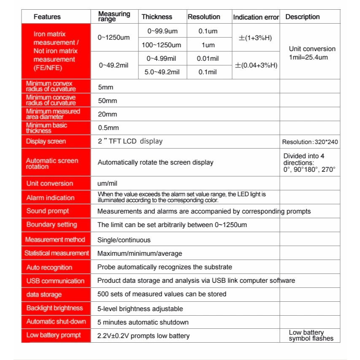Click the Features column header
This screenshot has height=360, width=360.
[x=47, y=17]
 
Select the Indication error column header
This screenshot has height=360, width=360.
[x=256, y=17]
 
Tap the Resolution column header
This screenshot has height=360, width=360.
[x=204, y=17]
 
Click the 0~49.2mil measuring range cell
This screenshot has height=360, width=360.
[x=114, y=65]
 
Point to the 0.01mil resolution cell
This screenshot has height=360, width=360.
[x=208, y=59]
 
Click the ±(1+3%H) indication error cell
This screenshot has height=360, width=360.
[x=255, y=38]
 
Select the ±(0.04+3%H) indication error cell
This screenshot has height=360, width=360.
[x=256, y=65]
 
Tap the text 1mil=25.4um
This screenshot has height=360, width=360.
[x=308, y=57]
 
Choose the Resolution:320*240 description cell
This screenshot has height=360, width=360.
[x=310, y=142]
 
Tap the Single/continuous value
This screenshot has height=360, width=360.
[x=124, y=240]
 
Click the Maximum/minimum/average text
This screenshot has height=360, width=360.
[x=140, y=254]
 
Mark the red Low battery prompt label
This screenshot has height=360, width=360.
[x=56, y=336]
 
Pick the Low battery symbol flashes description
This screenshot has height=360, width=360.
[x=311, y=336]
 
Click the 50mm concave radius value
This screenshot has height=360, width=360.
[x=107, y=101]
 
